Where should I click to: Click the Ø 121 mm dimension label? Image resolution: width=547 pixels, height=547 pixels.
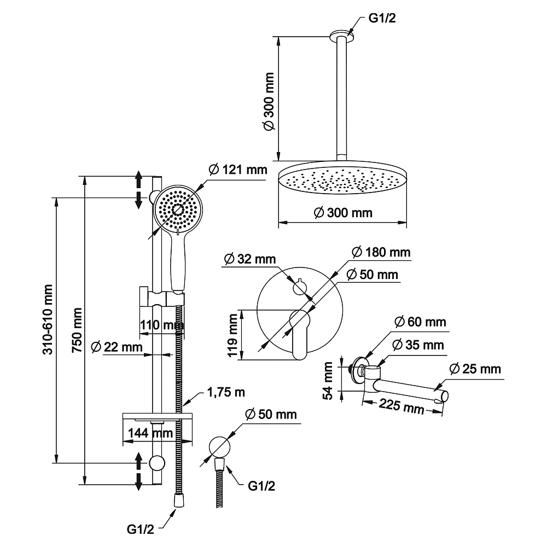click(238, 170)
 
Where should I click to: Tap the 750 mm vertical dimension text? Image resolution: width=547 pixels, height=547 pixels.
click(77, 330)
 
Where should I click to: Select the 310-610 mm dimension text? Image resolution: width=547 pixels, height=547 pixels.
click(48, 319)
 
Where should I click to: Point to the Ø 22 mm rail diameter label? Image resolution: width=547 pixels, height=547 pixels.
click(117, 347)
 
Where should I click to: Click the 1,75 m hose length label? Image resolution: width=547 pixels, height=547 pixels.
click(226, 392)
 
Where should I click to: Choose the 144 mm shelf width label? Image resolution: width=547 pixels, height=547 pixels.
click(150, 433)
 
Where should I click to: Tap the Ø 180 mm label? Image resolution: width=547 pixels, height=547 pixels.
click(381, 252)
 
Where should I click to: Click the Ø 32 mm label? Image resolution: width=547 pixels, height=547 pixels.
click(250, 259)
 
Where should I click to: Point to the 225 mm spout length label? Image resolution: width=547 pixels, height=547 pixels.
click(401, 406)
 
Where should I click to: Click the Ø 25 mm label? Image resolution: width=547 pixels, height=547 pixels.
click(475, 369)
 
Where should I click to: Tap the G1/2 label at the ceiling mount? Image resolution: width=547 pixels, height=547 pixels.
click(382, 18)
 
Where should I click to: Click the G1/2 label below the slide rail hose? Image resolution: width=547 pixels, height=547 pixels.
click(140, 529)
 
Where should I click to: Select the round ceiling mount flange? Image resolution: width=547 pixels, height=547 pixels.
click(341, 34)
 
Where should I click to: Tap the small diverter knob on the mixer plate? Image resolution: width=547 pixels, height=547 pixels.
click(300, 288)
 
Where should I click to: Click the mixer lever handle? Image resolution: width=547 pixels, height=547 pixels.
click(300, 334)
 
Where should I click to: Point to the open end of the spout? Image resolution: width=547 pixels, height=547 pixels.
click(444, 396)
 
